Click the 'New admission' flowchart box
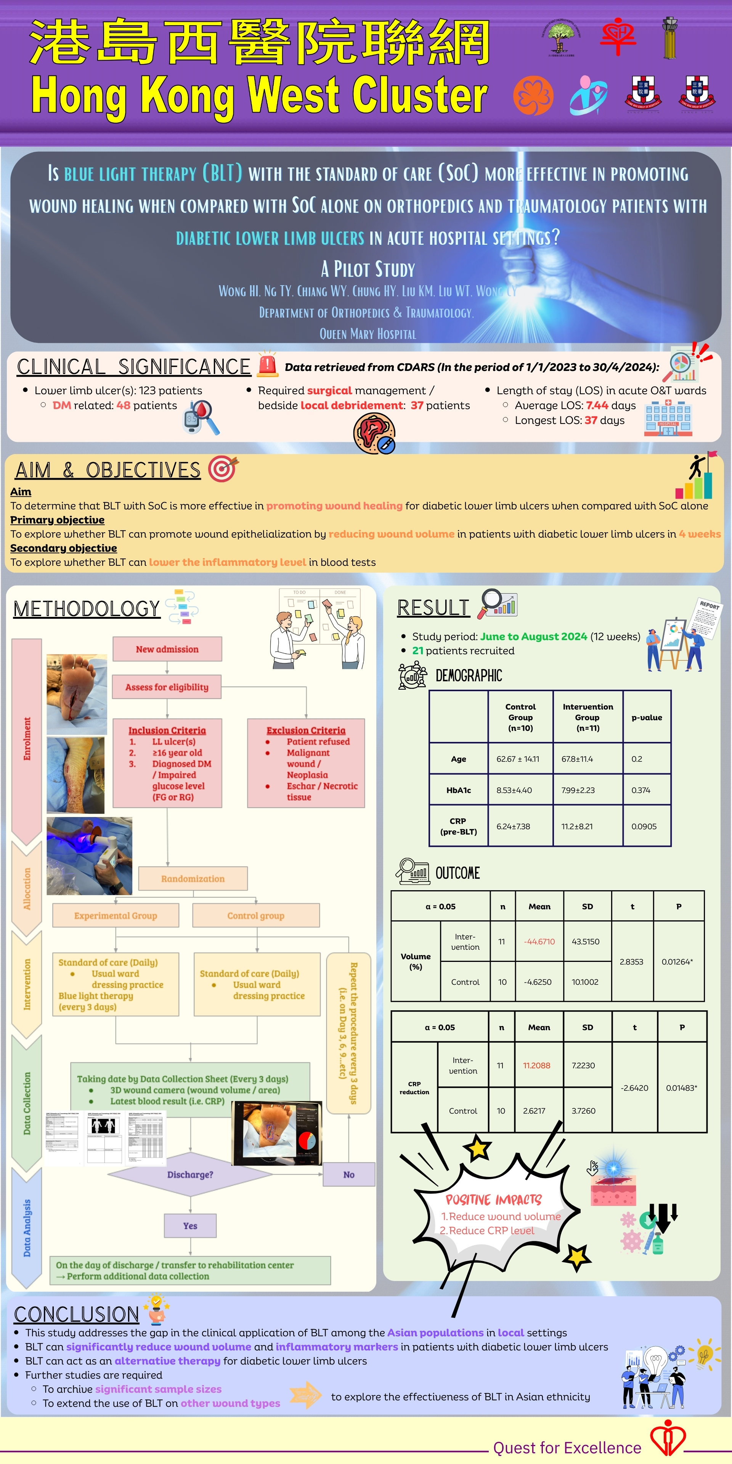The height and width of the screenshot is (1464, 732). tap(167, 649)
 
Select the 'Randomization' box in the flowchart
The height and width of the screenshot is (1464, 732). tap(193, 879)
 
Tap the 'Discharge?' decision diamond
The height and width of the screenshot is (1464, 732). tap(190, 1175)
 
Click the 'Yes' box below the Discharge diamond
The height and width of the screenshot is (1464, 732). tap(190, 1226)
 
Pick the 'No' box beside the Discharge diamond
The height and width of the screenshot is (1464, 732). tap(348, 1175)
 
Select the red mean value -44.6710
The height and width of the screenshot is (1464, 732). tap(539, 942)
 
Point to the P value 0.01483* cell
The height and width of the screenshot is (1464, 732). tap(681, 1088)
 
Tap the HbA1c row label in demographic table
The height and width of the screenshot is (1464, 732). tap(459, 790)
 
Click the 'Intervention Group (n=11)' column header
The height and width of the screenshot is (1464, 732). tap(588, 717)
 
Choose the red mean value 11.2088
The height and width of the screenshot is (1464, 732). tap(536, 1066)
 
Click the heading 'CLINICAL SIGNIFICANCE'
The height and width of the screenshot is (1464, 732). tap(133, 367)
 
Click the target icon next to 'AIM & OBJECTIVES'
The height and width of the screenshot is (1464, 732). tap(222, 469)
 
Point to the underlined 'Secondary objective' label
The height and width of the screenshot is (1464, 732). tap(64, 548)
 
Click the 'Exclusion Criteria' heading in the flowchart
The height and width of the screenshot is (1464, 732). tap(306, 730)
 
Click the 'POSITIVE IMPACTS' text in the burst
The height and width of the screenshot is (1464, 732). tap(493, 1200)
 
